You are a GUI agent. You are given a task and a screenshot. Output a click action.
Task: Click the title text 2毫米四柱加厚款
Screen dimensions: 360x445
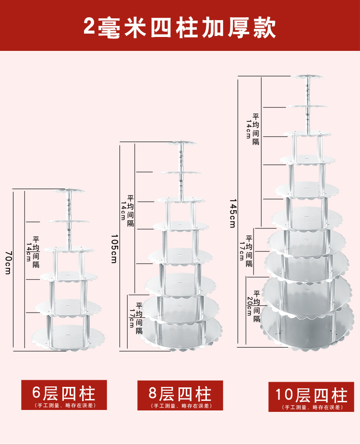click(x=180, y=27)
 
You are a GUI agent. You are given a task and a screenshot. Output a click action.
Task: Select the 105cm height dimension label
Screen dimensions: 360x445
click(x=114, y=248)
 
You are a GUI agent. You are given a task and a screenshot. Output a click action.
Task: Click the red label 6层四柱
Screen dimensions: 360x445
click(x=64, y=393)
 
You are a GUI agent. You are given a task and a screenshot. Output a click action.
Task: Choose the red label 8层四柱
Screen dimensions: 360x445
click(x=180, y=394)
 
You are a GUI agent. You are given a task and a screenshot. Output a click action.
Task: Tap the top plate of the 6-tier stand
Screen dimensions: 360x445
click(x=69, y=191)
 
